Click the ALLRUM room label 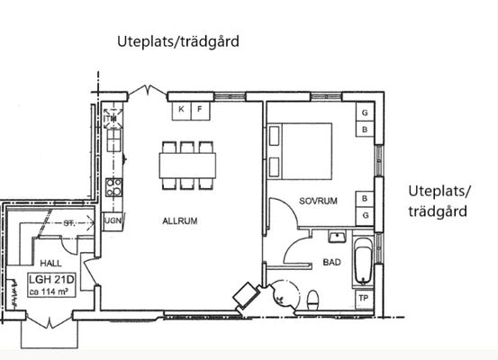tap(180, 220)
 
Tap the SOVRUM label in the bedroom tap(318, 201)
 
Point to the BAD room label tap(331, 262)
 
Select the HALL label tap(50, 263)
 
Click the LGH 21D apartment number tap(51, 280)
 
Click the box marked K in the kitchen tap(181, 111)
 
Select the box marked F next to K tap(200, 111)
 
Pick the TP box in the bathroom tap(364, 299)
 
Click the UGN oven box tap(113, 220)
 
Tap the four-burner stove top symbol tap(113, 187)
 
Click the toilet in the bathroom tap(313, 300)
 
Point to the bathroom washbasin tap(337, 237)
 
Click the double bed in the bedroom tap(300, 151)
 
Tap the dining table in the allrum tap(187, 166)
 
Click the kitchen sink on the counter tap(113, 140)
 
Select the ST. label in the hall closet tap(69, 223)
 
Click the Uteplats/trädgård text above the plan tap(178, 42)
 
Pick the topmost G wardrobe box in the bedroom tap(365, 112)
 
